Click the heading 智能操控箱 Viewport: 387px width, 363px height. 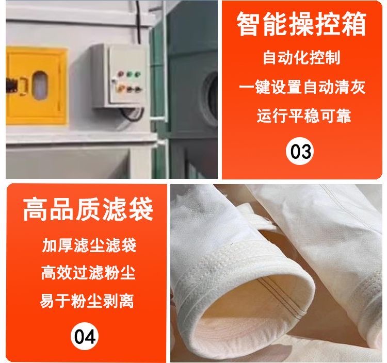point(301,24)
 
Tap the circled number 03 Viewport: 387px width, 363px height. point(300,151)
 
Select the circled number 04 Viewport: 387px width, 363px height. point(85,336)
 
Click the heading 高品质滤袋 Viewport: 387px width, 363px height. point(88,210)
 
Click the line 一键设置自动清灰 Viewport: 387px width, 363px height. point(302,87)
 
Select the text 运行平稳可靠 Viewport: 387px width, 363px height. point(304,115)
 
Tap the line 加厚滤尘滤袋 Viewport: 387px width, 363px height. point(89,245)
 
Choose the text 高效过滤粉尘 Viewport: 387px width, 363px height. point(88,273)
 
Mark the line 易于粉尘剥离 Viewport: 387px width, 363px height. point(87,301)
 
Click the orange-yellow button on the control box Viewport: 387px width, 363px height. point(120,87)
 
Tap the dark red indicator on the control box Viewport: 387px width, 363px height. point(121,74)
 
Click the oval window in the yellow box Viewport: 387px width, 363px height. point(40,85)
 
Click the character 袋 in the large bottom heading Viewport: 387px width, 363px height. point(141,210)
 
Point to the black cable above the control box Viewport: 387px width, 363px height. point(139,22)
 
